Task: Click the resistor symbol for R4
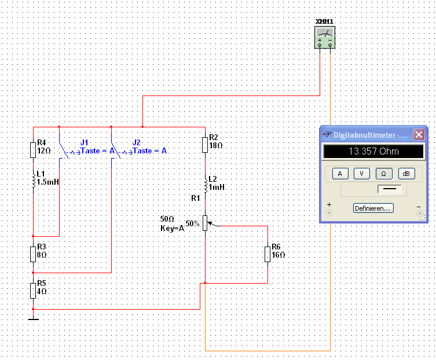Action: (x=33, y=150)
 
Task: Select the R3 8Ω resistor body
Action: (x=33, y=254)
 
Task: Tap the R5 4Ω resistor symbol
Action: (x=33, y=291)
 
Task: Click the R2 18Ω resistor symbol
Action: (x=205, y=145)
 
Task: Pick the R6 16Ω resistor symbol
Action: (x=268, y=254)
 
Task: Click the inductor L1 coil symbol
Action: (x=34, y=180)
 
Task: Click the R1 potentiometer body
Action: (x=205, y=223)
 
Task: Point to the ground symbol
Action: (x=33, y=319)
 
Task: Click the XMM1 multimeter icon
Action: (x=325, y=37)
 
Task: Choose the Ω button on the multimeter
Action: (x=384, y=174)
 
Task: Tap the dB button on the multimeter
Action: (x=406, y=174)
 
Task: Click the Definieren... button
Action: (x=373, y=208)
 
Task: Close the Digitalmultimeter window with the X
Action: (x=419, y=135)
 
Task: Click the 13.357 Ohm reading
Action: (x=373, y=151)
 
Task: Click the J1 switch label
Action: (x=84, y=142)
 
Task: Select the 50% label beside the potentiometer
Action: (x=193, y=223)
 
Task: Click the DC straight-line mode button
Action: (x=389, y=189)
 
